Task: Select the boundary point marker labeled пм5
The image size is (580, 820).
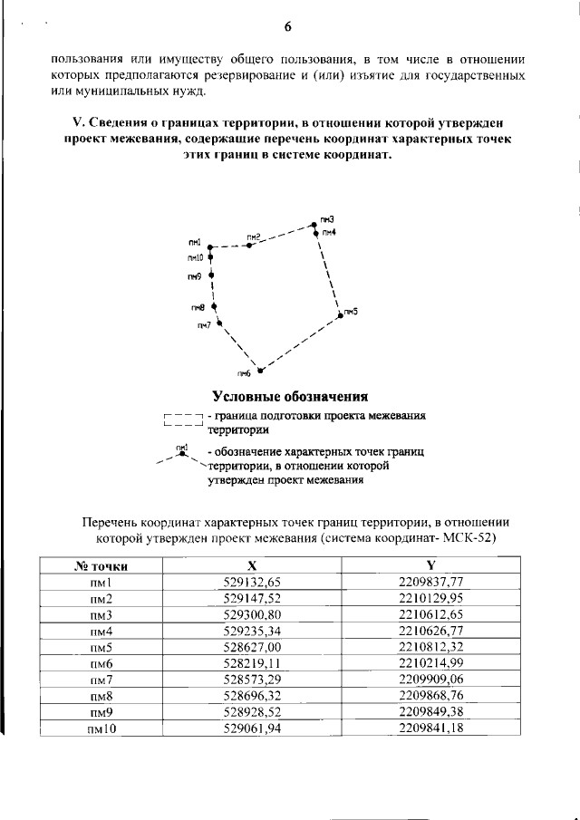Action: [341, 314]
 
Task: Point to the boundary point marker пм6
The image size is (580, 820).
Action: [260, 370]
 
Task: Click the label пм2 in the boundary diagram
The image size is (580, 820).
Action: [254, 237]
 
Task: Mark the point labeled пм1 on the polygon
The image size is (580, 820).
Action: [209, 246]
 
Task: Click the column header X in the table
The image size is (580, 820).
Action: [264, 565]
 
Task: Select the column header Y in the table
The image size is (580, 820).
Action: [430, 565]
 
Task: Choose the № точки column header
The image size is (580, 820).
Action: [101, 566]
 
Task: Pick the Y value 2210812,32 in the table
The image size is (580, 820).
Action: [431, 648]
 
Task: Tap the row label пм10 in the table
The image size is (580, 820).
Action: [101, 729]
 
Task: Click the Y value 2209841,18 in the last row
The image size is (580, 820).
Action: [431, 728]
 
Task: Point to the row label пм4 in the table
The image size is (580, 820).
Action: [101, 632]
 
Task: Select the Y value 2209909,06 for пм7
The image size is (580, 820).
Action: [431, 680]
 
